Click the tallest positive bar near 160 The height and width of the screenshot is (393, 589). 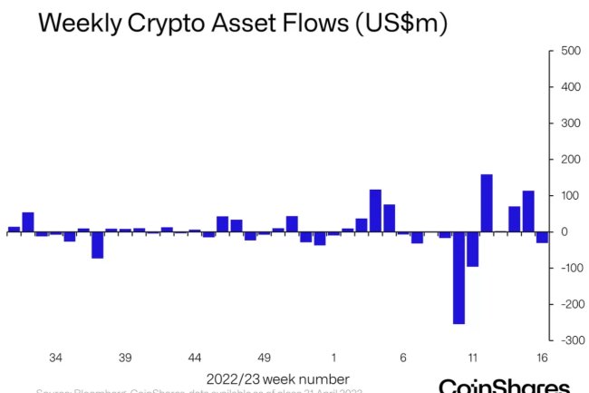pos(487,202)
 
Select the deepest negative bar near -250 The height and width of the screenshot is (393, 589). pos(459,278)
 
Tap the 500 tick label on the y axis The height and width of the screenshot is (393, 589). pos(570,51)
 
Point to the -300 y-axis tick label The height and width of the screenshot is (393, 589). pos(568,340)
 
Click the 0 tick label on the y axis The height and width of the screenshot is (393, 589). pos(563,232)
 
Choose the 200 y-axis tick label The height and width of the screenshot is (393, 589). pos(570,160)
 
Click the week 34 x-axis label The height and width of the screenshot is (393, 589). pos(56,358)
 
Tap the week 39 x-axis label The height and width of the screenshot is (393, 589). pos(125,358)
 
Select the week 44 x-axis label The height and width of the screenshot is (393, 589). pos(195,358)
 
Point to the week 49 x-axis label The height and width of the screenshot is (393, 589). pos(265,358)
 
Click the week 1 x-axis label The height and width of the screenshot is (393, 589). pos(333,358)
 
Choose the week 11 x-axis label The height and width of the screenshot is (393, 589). pos(472,358)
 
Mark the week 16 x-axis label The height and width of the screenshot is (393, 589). pos(542,358)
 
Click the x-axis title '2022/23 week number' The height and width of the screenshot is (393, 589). pos(277,378)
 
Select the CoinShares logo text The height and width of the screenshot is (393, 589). pos(504,386)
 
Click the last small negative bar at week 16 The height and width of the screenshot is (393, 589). pos(542,237)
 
